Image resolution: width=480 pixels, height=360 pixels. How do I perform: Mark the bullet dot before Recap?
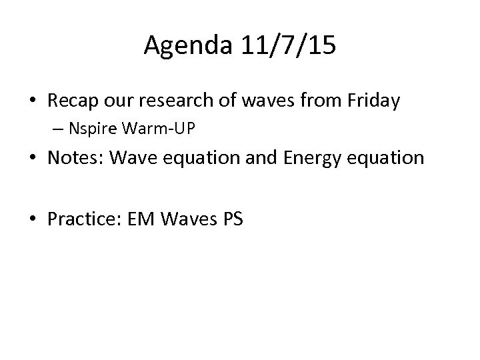pos(31,101)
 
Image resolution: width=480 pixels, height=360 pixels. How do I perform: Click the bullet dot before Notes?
pos(31,159)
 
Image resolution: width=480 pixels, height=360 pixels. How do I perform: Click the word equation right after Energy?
pos(386,158)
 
